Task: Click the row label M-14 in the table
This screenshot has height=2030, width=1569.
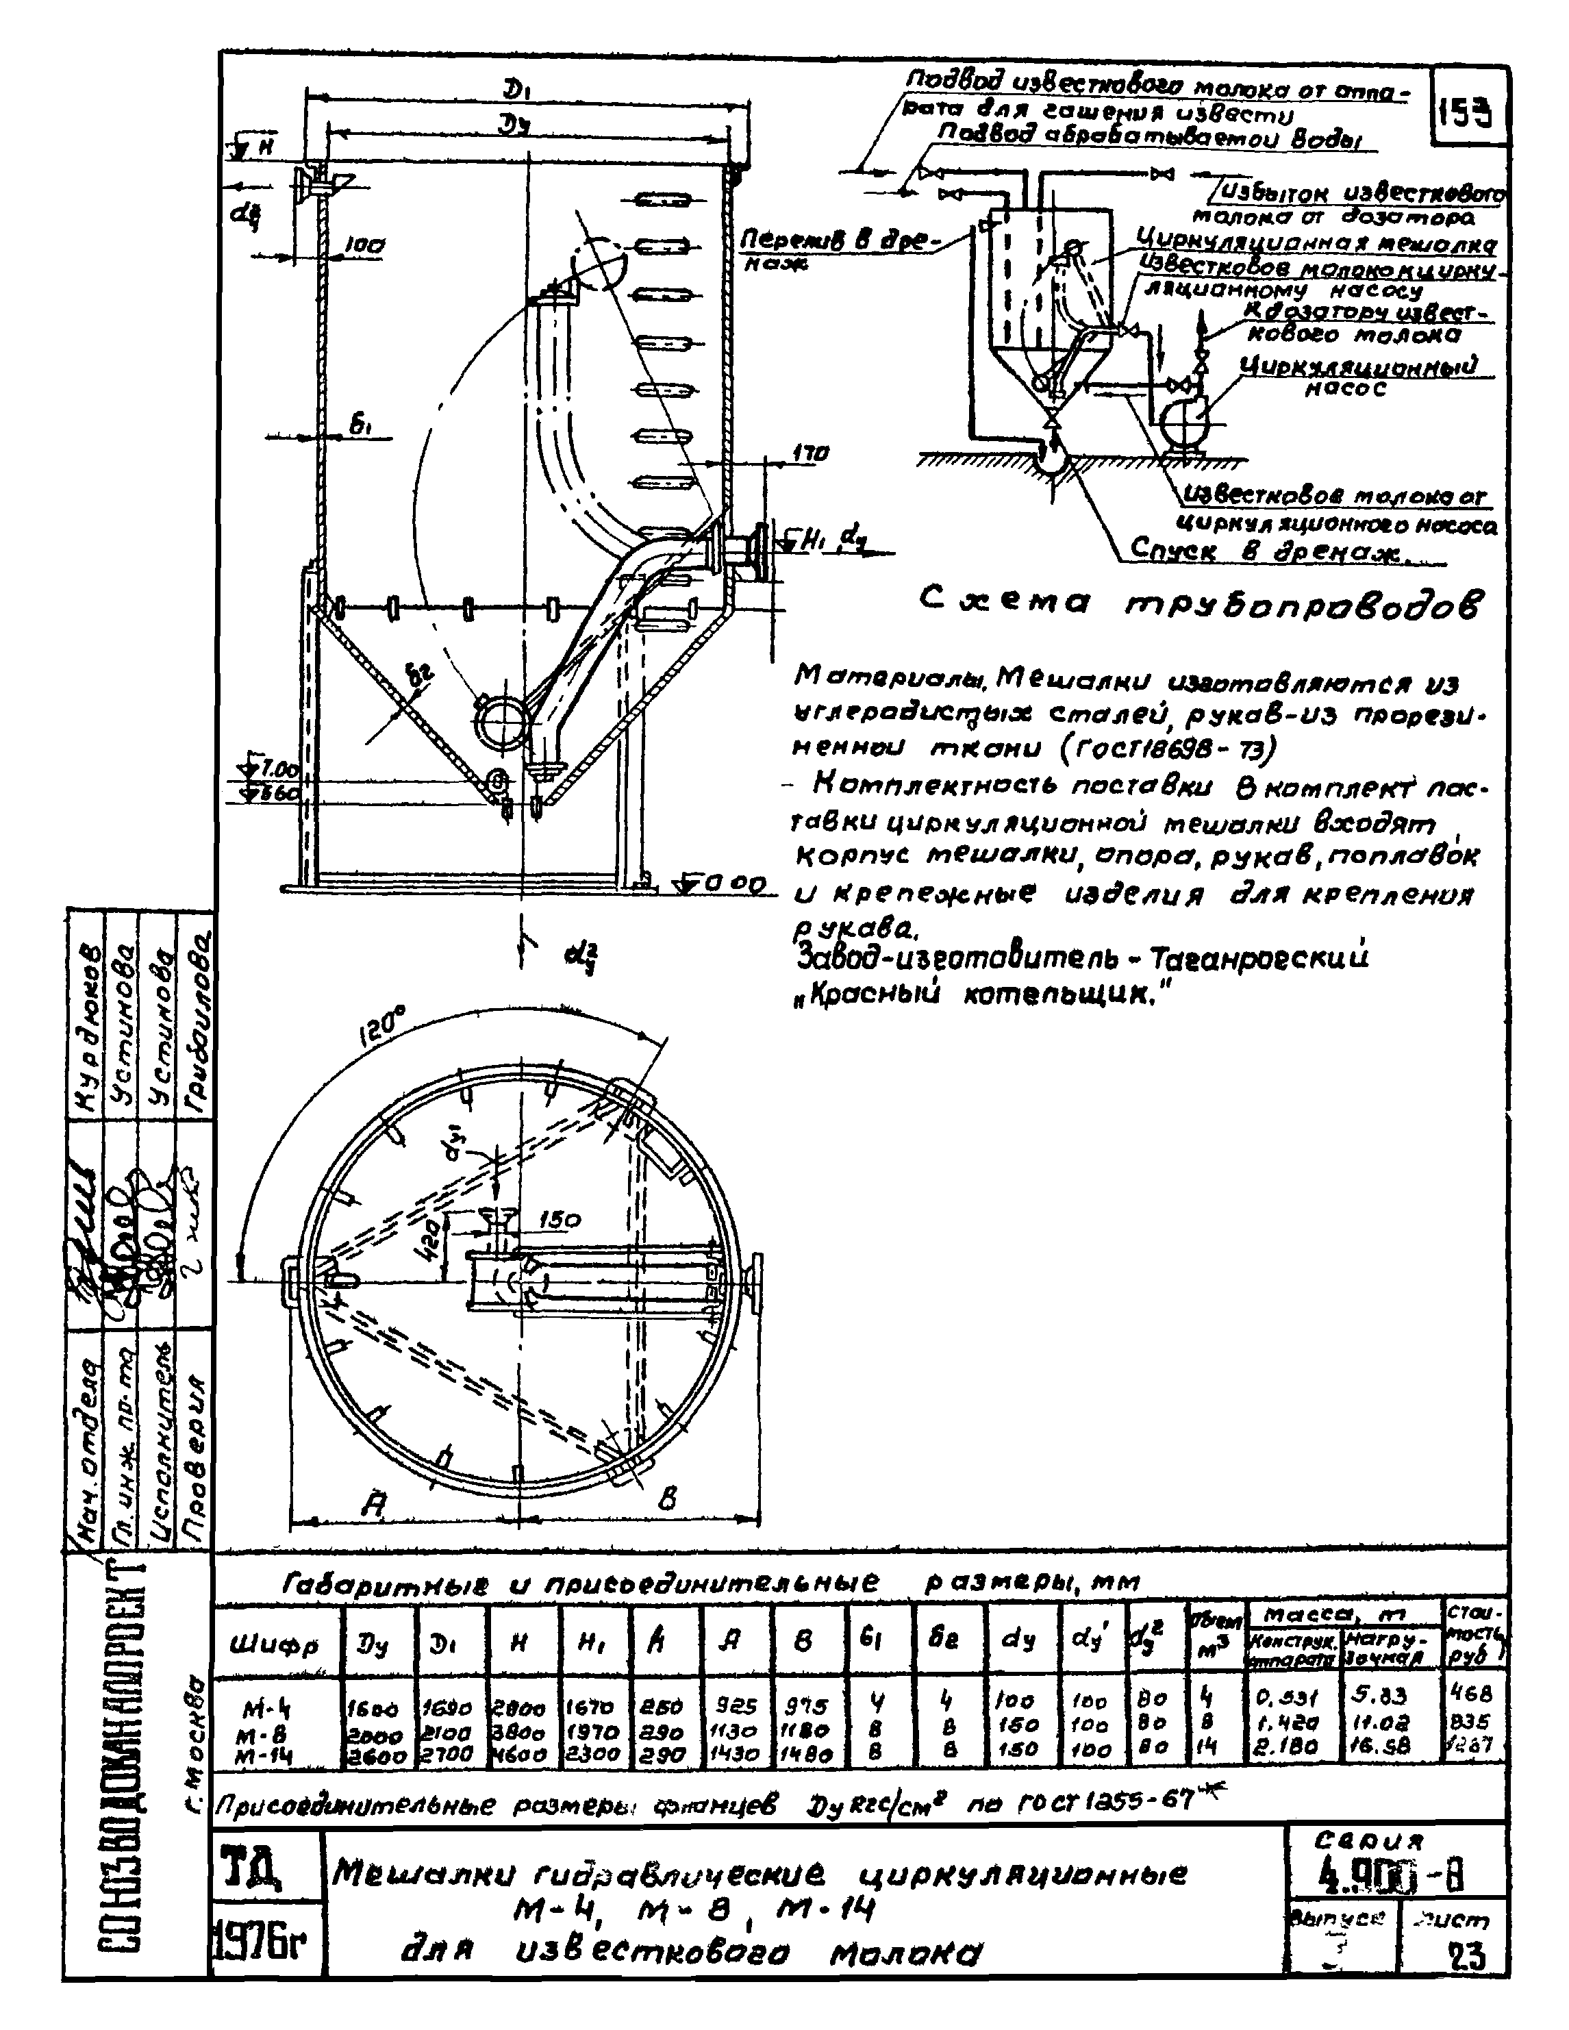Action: (260, 1756)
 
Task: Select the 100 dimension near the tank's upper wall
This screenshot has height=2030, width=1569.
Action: (365, 247)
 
